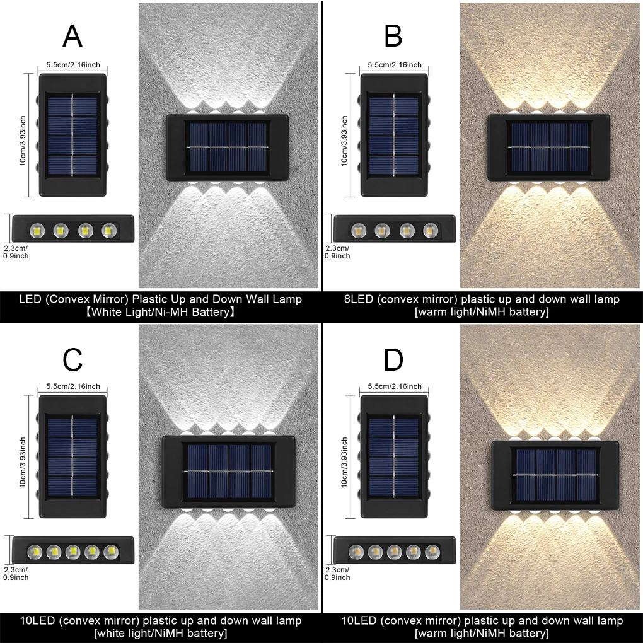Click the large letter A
(x=72, y=37)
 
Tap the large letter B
(x=393, y=37)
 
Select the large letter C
(x=72, y=359)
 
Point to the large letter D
(x=393, y=359)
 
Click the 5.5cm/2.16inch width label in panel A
(x=72, y=65)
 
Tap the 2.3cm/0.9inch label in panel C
(x=16, y=573)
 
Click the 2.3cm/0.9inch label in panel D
(x=337, y=573)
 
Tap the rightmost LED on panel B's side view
(x=431, y=231)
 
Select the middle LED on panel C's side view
(x=72, y=552)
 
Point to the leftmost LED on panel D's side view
(x=357, y=552)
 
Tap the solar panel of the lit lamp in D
(x=555, y=474)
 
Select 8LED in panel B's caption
(x=358, y=299)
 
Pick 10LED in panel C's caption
(x=37, y=620)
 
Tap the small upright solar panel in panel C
(x=72, y=448)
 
